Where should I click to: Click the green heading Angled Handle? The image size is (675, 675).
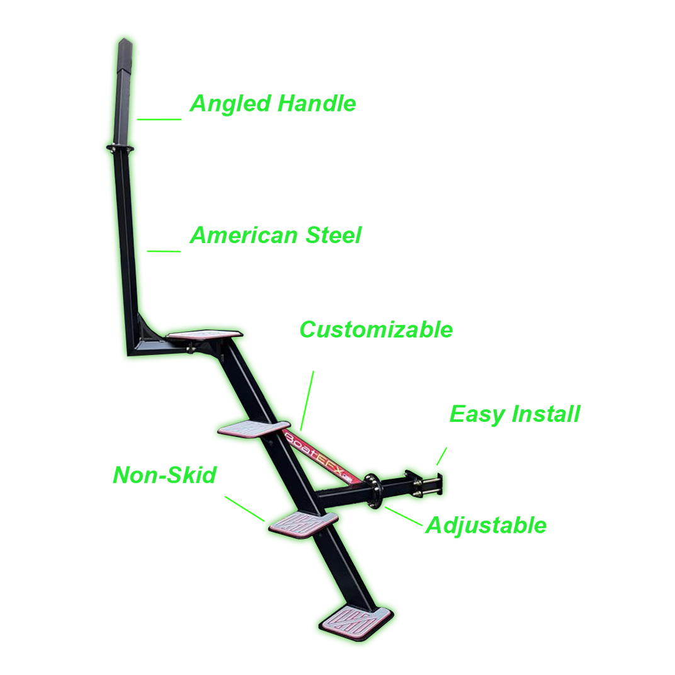tap(273, 104)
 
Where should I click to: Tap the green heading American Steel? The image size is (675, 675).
tap(275, 235)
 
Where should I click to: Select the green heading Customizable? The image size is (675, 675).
tap(375, 329)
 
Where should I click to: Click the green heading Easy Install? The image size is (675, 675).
tap(514, 414)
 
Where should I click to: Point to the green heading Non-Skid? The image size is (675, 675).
tap(164, 475)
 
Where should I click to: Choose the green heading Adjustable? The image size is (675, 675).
tap(486, 525)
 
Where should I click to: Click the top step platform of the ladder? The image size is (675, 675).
tap(205, 335)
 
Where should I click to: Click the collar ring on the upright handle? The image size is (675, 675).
tap(120, 148)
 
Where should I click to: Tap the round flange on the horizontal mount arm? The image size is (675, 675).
tap(372, 489)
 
